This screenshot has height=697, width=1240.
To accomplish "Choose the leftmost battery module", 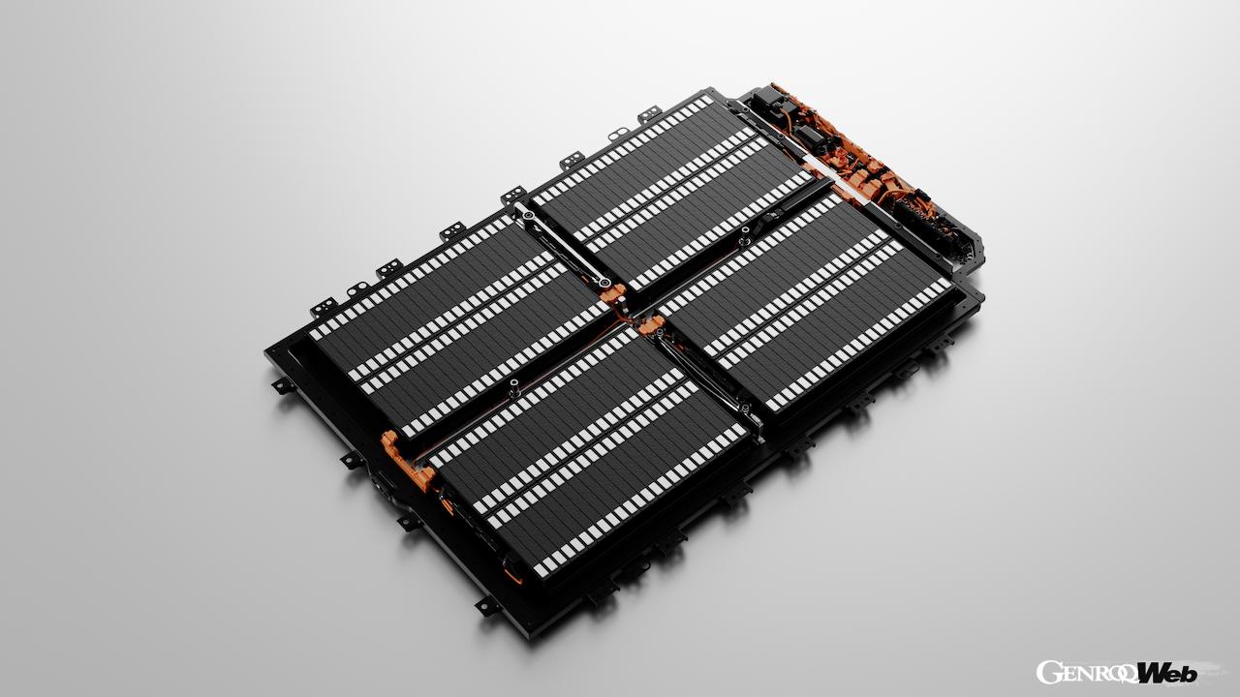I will click(x=455, y=319).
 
